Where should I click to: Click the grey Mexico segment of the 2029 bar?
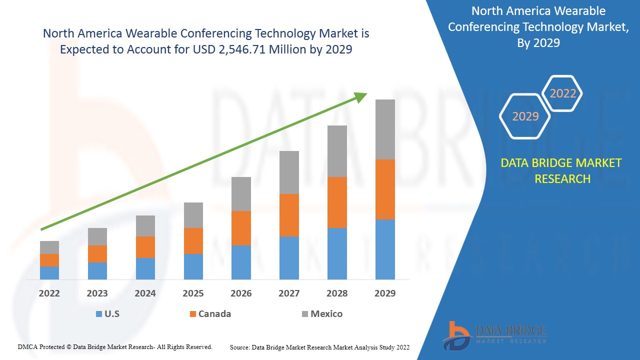tap(385, 129)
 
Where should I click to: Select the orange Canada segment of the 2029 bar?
tap(385, 189)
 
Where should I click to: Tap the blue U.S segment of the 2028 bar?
tap(337, 253)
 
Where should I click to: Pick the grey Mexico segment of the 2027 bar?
tap(289, 172)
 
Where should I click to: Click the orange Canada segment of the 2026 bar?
tap(241, 228)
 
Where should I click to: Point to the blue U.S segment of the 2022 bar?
tap(49, 273)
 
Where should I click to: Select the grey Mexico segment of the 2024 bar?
tap(145, 226)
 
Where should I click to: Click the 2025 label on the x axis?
tap(193, 293)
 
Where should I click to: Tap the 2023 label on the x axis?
tap(97, 293)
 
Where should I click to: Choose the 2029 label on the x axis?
tap(385, 293)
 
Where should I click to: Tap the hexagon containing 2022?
tap(563, 93)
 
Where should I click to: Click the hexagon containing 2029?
tap(525, 116)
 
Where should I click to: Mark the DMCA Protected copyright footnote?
tap(115, 346)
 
